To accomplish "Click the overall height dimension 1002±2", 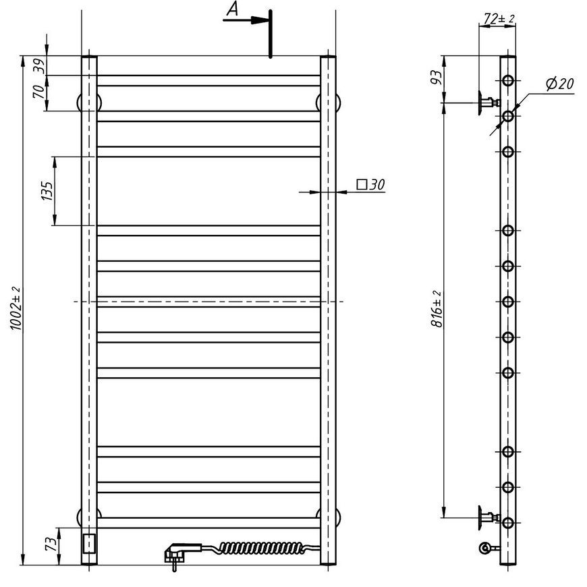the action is coord(16,308).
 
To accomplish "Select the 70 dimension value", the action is coord(39,92).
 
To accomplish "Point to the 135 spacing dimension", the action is coord(47,191).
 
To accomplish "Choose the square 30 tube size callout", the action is coord(370,185).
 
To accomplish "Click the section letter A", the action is coord(233,9).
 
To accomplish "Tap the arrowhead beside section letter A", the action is coord(259,20).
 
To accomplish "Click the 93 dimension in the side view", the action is coord(437,78).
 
